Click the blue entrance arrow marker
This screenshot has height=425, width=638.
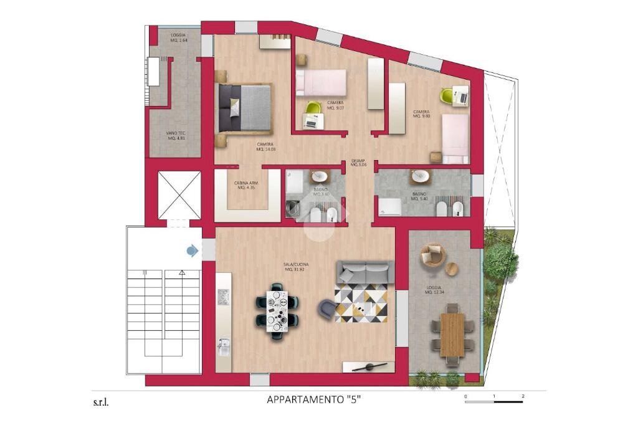[192, 251]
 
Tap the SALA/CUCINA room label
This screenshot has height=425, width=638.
[297, 267]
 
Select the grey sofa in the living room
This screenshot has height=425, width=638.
[365, 272]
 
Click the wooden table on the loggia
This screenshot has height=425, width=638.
[452, 334]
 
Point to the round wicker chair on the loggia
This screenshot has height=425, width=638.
[433, 256]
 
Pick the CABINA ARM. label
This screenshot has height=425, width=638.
[246, 186]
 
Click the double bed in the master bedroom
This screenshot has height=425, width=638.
[245, 108]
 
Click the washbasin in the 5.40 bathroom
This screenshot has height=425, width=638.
[422, 176]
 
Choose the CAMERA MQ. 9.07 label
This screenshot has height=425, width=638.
[335, 105]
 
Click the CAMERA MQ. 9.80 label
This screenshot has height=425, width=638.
[421, 115]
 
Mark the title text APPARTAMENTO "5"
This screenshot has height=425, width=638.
[314, 401]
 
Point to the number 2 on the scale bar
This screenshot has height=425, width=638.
[523, 396]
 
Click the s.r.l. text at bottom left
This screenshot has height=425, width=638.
[102, 402]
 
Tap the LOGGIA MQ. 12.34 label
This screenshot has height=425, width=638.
[435, 291]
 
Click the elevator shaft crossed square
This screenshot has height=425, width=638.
[179, 195]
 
